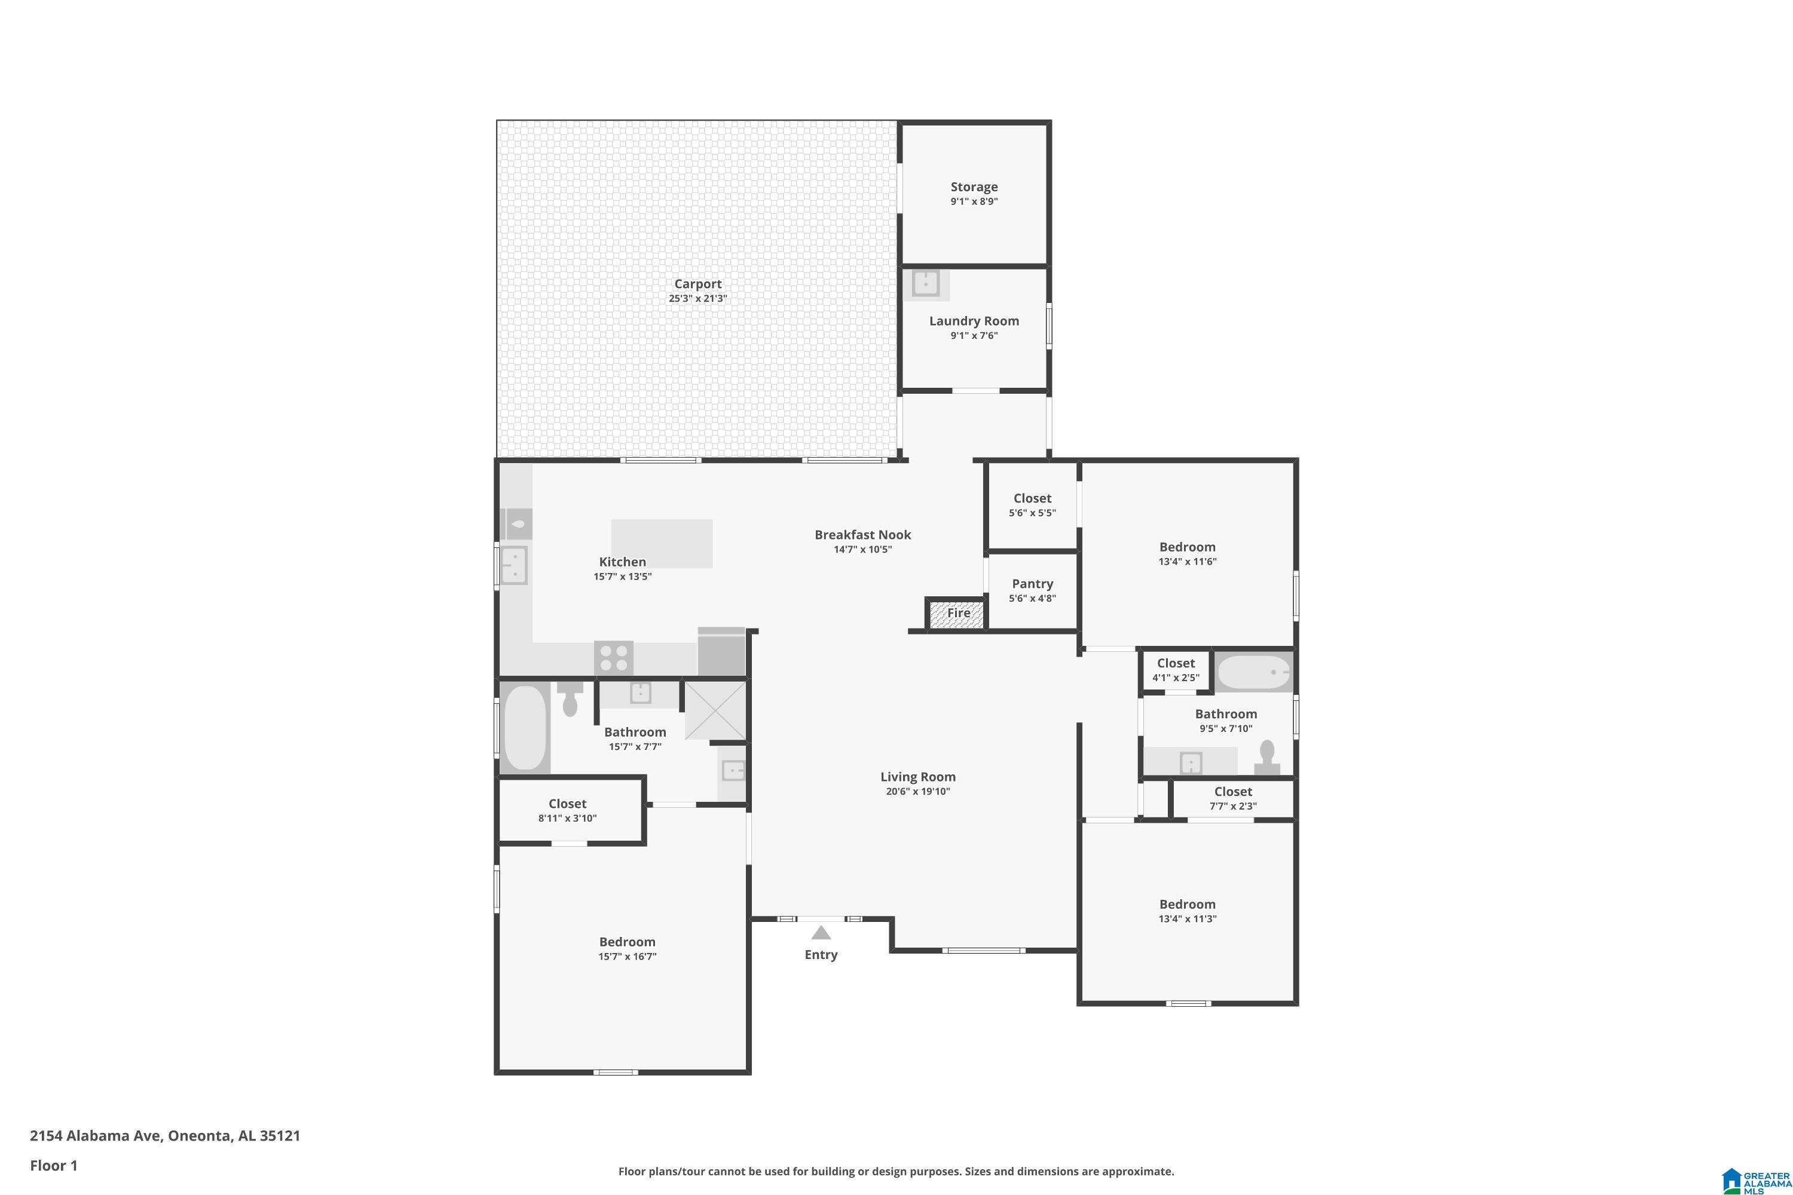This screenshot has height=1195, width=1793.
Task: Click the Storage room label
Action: coord(974,186)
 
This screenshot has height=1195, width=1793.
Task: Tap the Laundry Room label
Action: coord(974,321)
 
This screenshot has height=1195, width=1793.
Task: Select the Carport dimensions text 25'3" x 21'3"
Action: coord(697,299)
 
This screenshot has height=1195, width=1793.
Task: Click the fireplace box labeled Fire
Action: coord(955,614)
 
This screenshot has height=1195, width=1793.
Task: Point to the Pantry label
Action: coord(1032,584)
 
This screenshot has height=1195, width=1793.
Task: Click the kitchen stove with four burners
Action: coord(614,658)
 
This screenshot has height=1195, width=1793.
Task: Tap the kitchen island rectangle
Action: coord(662,543)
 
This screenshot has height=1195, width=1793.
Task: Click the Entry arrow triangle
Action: coord(820,932)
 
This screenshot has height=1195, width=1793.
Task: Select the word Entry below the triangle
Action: coord(821,955)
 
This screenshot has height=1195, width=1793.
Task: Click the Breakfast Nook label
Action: coord(862,535)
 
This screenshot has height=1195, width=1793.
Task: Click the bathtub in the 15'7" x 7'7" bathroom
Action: coord(525,727)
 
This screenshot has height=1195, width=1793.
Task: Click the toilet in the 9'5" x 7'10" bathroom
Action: coord(1267,758)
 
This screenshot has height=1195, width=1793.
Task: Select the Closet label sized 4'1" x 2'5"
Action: coord(1176,663)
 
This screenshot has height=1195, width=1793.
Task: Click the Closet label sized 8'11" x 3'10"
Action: coord(567,804)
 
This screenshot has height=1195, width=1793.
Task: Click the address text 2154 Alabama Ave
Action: coord(95,1136)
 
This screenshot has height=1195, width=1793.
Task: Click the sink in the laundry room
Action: coord(925,283)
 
